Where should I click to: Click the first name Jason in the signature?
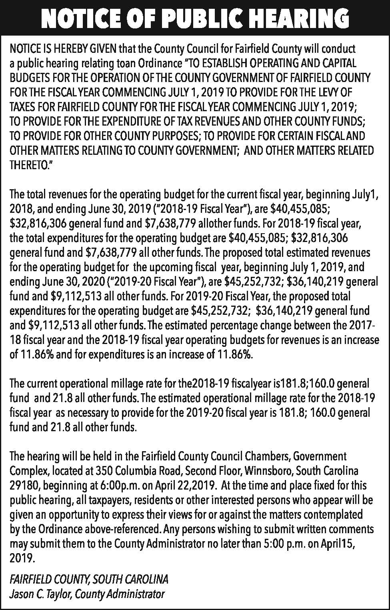21,594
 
